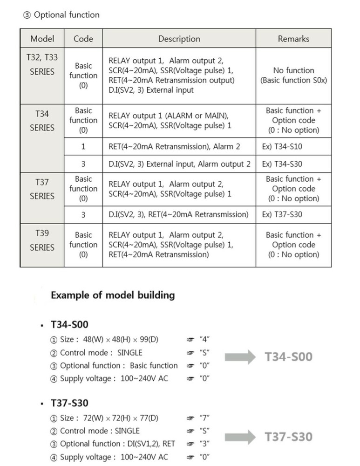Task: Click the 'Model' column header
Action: pyautogui.click(x=42, y=39)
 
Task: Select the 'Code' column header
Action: pyautogui.click(x=83, y=39)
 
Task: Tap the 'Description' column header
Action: pyautogui.click(x=179, y=39)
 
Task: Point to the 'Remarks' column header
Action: pyautogui.click(x=293, y=39)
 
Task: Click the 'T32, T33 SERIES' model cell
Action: pyautogui.click(x=42, y=65)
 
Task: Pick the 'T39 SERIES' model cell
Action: pyautogui.click(x=42, y=240)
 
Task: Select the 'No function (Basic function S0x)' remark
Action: pyautogui.click(x=293, y=75)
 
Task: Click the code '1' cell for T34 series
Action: pyautogui.click(x=83, y=147)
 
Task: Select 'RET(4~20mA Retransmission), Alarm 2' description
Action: pyautogui.click(x=174, y=147)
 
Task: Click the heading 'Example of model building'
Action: pyautogui.click(x=113, y=295)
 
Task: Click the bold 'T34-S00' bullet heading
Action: pyautogui.click(x=69, y=324)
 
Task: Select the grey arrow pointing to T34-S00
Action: pyautogui.click(x=240, y=357)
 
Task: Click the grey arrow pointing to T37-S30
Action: pyautogui.click(x=240, y=437)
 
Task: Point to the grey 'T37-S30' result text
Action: pyautogui.click(x=289, y=437)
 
